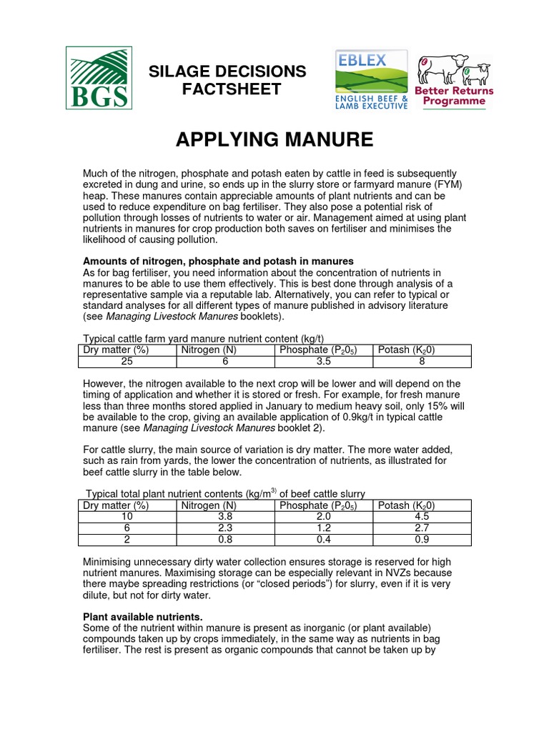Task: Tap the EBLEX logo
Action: (372, 79)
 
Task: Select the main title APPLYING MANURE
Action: (274, 139)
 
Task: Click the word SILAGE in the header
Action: (175, 71)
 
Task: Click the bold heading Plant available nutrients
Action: (144, 616)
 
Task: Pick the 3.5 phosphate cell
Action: (323, 362)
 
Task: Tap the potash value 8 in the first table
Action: (422, 362)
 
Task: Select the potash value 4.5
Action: (422, 517)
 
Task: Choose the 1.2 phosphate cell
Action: (323, 528)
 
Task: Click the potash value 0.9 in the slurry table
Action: (422, 540)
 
